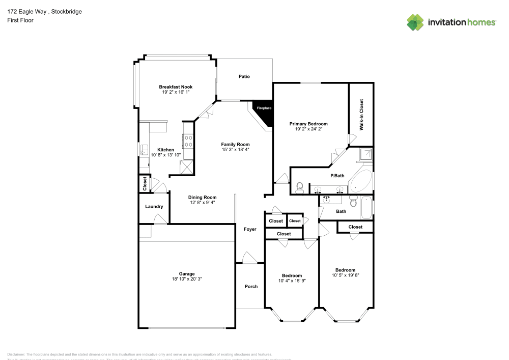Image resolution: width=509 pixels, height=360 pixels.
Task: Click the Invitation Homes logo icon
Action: click(415, 22)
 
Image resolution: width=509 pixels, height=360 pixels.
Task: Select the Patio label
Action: click(244, 77)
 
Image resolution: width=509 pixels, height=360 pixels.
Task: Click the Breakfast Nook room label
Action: click(176, 87)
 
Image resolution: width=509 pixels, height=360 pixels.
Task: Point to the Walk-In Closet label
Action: click(361, 115)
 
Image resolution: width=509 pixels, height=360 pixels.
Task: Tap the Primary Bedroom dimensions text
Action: click(308, 129)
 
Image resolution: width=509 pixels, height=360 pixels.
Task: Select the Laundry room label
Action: click(154, 207)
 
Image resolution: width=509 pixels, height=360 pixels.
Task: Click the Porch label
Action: click(251, 287)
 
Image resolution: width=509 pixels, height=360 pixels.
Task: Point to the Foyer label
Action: click(250, 230)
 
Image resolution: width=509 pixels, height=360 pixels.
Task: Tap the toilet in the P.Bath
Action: click(299, 188)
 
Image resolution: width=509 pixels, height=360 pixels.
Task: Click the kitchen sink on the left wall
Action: click(144, 149)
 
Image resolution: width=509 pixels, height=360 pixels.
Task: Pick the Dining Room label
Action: click(202, 198)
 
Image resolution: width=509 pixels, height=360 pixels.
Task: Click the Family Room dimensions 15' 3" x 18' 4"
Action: click(235, 150)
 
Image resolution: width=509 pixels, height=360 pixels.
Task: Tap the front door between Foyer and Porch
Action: click(249, 258)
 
